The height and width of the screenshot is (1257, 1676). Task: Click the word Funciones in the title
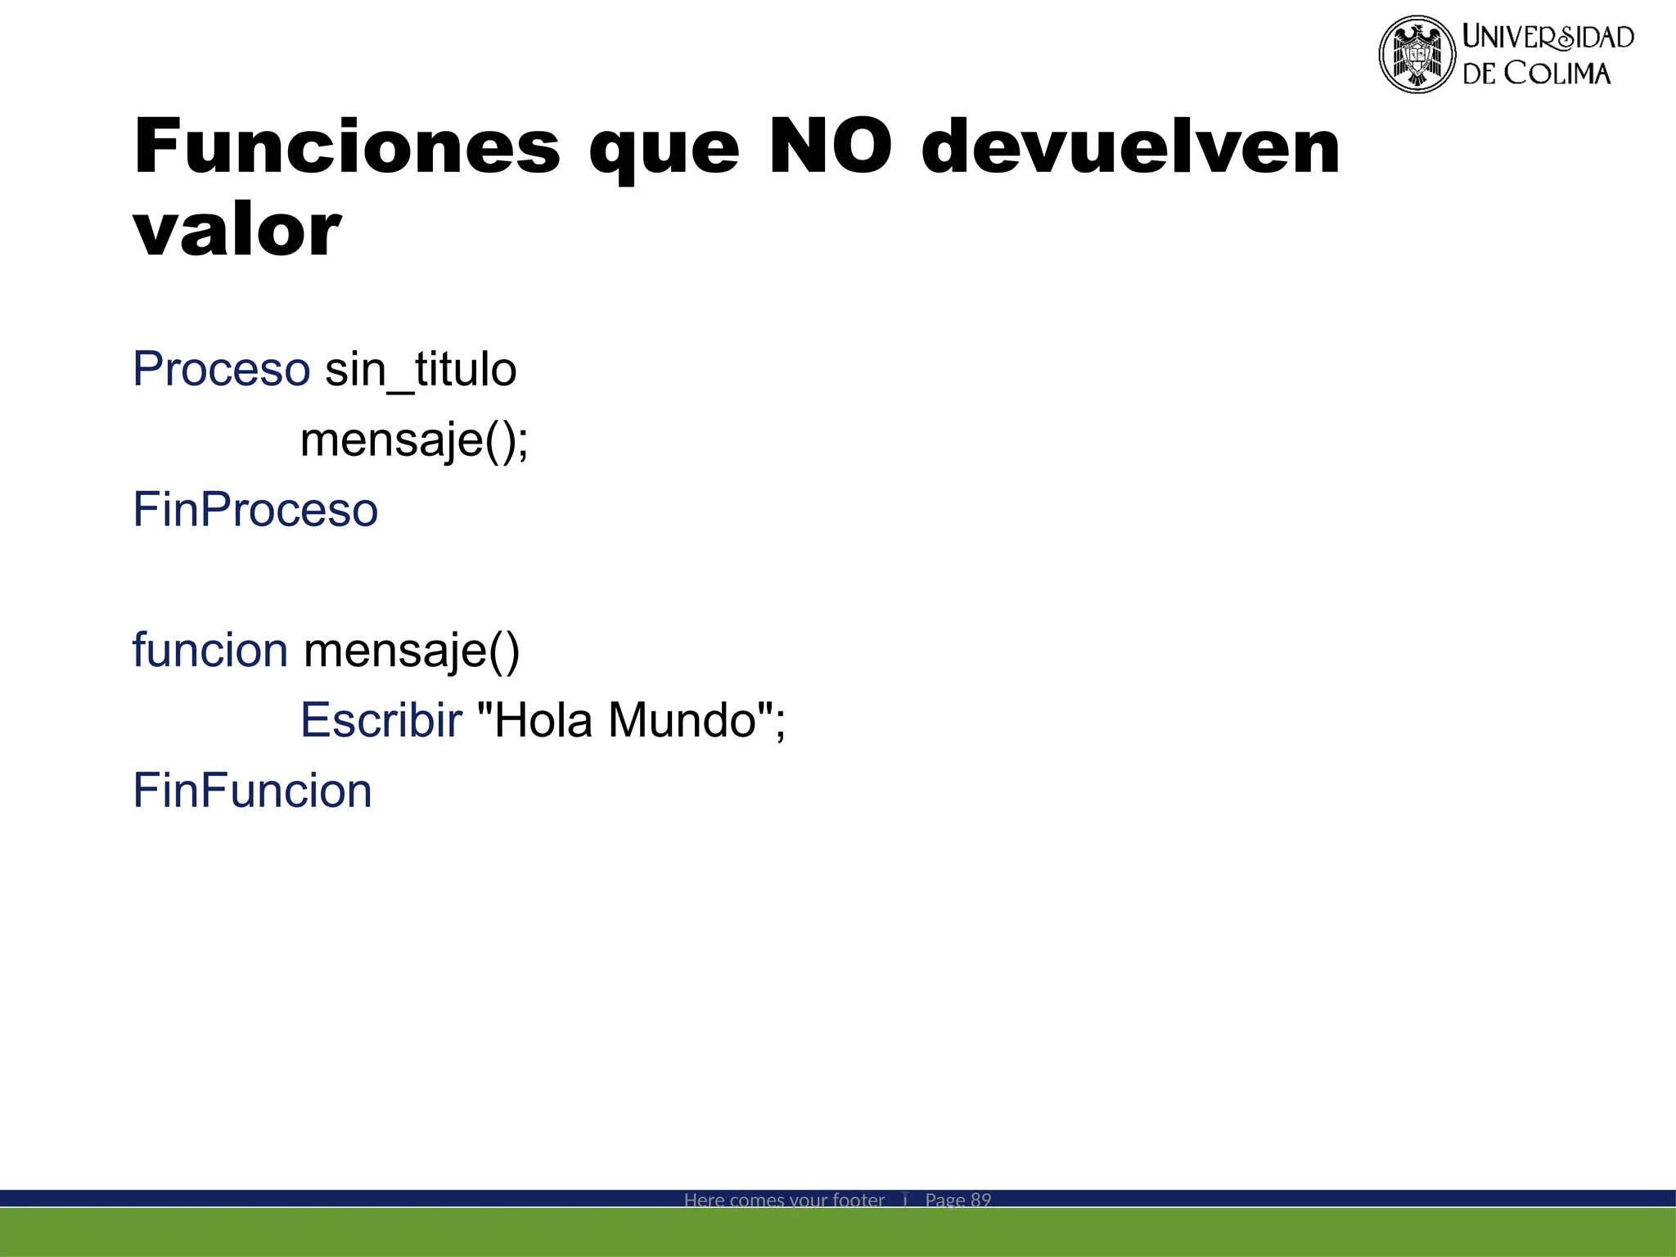point(347,147)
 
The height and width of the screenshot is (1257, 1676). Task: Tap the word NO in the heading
point(830,147)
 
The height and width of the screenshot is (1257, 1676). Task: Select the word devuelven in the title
point(1130,147)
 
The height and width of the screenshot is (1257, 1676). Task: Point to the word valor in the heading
point(237,230)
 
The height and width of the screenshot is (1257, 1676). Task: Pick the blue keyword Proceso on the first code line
point(221,369)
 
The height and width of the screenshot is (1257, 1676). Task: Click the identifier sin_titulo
point(421,370)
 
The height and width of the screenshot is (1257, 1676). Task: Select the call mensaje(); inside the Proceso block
point(414,440)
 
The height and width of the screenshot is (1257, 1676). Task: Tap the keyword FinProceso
point(255,510)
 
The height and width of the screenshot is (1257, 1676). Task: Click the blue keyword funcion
point(210,651)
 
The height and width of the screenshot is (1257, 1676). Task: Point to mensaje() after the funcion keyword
point(412,651)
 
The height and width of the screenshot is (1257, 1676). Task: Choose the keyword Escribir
point(381,721)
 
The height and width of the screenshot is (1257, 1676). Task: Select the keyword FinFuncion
point(252,791)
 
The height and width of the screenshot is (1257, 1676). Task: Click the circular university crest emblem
point(1417,54)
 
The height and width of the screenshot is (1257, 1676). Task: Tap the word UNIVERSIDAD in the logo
point(1548,37)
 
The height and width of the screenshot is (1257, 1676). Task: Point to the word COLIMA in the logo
point(1557,74)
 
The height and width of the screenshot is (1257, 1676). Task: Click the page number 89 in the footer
point(980,1200)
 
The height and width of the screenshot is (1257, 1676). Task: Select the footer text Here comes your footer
point(784,1200)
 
